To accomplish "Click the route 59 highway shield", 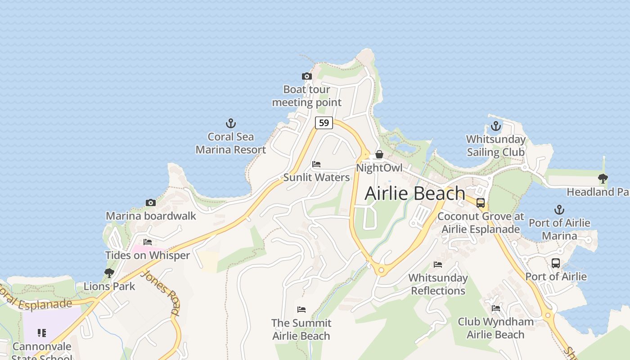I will tap(324, 122).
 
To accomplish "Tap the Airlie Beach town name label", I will tap(414, 193).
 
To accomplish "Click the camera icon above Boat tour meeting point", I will tap(306, 76).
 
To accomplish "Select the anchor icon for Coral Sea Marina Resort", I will tap(230, 123).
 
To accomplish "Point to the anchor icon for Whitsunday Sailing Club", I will tap(495, 126).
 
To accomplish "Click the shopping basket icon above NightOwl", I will tap(379, 154).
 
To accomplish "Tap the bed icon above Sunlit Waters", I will tap(316, 164).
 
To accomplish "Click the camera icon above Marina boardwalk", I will tap(151, 203).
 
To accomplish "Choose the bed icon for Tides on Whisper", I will tap(147, 242).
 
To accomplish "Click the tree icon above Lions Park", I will tap(109, 273).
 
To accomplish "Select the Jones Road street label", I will tap(161, 292).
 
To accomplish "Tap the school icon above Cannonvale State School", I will tap(42, 333).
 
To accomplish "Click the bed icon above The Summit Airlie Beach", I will tap(301, 310).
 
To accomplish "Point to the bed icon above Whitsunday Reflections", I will tap(438, 265).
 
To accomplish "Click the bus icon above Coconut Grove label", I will tap(481, 203).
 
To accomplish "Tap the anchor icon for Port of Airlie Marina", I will tap(559, 210).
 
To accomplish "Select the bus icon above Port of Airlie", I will tap(556, 263).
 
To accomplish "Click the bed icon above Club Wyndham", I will tap(496, 308).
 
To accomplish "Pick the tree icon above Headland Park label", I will tap(603, 179).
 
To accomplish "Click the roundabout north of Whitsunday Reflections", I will tap(382, 270).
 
